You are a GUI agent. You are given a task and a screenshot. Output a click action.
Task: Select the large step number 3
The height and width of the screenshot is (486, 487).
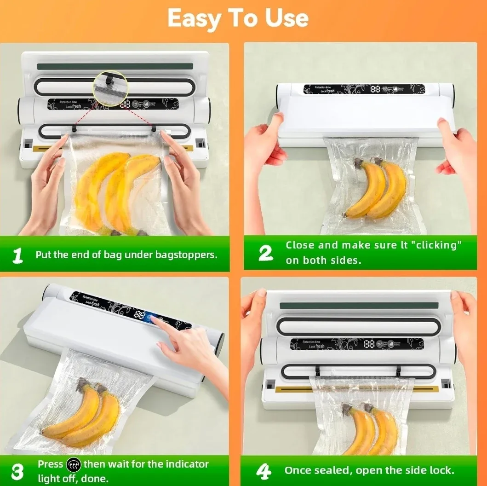[x=17, y=471]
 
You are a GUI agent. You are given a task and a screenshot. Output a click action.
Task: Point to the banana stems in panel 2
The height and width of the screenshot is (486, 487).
[x=366, y=162]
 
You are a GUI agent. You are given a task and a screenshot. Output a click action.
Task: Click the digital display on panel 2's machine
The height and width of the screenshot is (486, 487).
[x=375, y=89]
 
